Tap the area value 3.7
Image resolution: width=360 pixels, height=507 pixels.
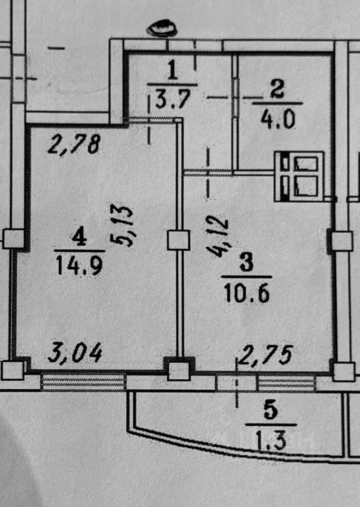point(172,98)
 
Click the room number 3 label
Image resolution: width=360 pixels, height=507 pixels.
point(246,262)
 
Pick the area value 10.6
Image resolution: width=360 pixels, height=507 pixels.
point(246,292)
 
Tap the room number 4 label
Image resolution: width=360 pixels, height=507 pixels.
point(79,236)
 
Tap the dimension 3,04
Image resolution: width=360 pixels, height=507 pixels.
point(75,351)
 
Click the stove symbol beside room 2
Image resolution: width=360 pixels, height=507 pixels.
point(299,176)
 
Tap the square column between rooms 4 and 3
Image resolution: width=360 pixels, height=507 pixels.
point(178,240)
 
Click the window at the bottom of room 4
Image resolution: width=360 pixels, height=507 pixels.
point(83,381)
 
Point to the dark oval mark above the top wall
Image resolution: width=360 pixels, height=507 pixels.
point(162,29)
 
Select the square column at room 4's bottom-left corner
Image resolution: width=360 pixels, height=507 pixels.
point(12,370)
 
